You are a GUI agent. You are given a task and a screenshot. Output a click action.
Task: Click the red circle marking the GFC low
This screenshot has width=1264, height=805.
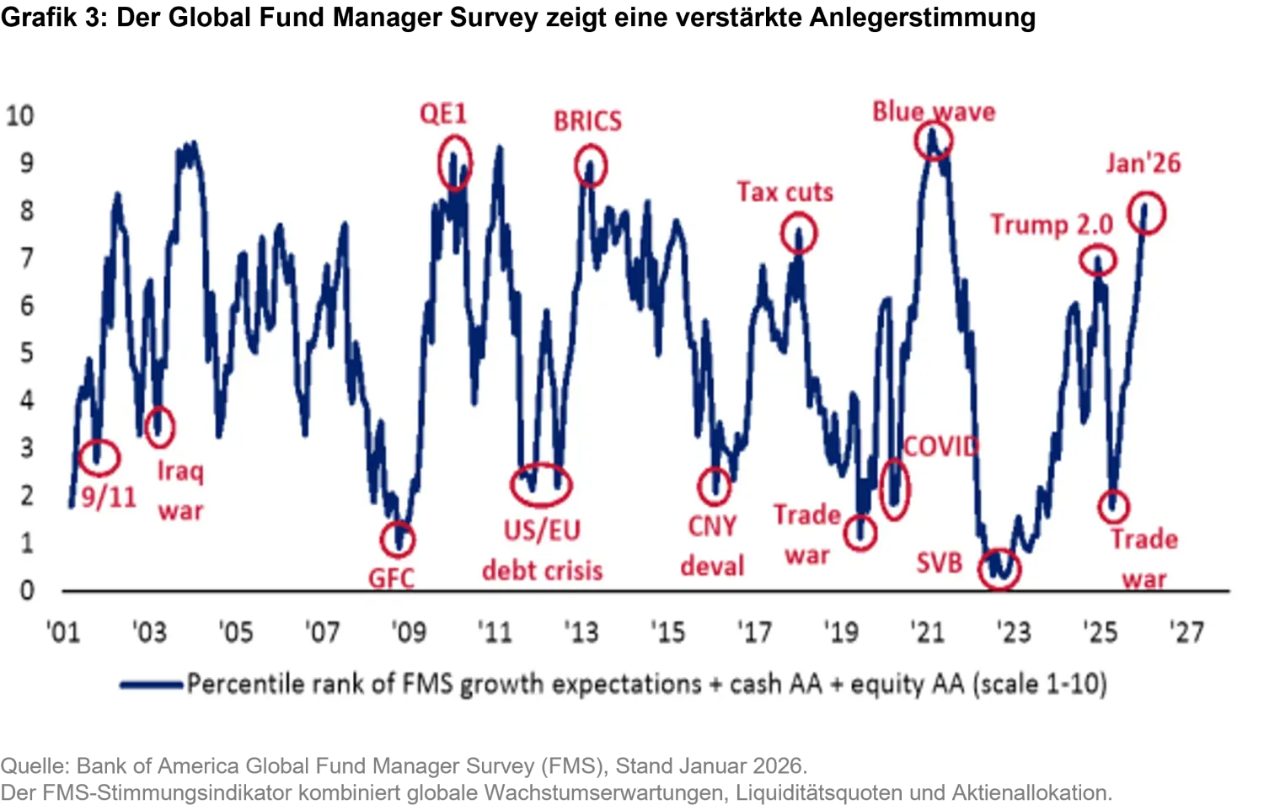pos(397,540)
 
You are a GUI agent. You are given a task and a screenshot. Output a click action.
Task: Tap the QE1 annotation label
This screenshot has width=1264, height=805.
pos(443,114)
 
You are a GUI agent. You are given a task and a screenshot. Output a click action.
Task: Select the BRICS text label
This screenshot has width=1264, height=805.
pos(587,121)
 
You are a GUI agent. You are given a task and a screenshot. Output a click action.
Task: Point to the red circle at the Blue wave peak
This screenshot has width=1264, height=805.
pos(933,141)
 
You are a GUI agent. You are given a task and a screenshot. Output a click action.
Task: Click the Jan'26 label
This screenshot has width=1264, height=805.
pos(1143,163)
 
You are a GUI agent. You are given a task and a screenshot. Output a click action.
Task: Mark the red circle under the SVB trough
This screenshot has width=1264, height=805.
pos(999,570)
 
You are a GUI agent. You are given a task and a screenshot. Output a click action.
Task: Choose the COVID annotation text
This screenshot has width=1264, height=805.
pos(940,446)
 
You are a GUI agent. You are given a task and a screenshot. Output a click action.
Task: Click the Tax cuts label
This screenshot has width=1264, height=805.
pos(785,192)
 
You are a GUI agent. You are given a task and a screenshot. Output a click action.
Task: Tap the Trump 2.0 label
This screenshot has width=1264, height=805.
pos(1051,225)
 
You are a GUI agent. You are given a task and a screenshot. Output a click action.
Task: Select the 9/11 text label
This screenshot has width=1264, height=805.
pos(109,497)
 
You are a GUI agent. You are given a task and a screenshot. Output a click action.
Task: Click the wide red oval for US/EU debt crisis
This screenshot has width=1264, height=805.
pos(541,484)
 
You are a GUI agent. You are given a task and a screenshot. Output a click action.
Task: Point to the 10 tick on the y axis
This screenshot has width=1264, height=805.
pos(20,115)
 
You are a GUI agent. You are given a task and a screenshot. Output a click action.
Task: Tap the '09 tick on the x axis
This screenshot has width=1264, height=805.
pos(408,632)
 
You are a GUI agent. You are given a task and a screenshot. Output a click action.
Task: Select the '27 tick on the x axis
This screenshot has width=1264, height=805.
pos(1186,632)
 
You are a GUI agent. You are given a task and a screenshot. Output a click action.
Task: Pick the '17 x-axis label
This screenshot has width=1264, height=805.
pos(754,632)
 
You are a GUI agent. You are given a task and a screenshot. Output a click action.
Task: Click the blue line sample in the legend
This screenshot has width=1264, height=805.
pos(152,685)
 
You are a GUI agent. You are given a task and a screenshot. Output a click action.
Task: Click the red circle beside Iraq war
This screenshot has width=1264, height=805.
pos(159,427)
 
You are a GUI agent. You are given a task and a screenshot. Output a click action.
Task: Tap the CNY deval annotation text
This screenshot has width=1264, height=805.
pos(712,546)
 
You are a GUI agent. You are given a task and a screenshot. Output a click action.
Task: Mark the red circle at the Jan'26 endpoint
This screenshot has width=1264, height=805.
pos(1147,213)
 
